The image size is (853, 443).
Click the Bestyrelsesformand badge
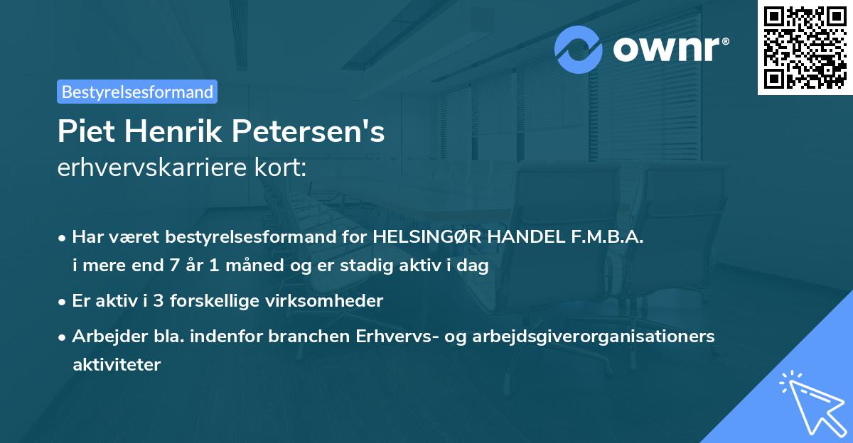click(137, 92)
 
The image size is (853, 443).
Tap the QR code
click(805, 48)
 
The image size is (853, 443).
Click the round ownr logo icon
click(579, 50)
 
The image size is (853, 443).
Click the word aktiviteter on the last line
click(117, 365)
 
